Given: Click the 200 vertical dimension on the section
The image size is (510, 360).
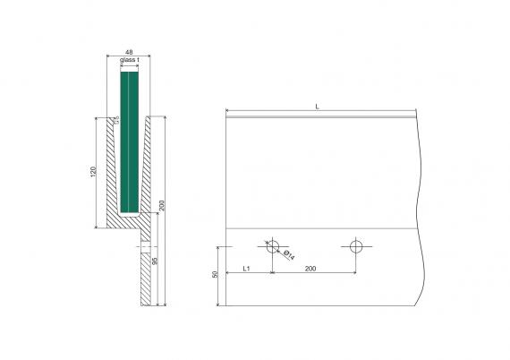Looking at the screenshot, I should [161, 205].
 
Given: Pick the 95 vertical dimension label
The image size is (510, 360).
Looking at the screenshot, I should [155, 262].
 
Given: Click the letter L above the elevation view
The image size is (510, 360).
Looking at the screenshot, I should [318, 107].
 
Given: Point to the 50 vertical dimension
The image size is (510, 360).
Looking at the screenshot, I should [216, 275].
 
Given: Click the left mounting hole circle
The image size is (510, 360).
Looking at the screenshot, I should [271, 245].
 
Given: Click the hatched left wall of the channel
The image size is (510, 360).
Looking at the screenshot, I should [112, 170].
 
